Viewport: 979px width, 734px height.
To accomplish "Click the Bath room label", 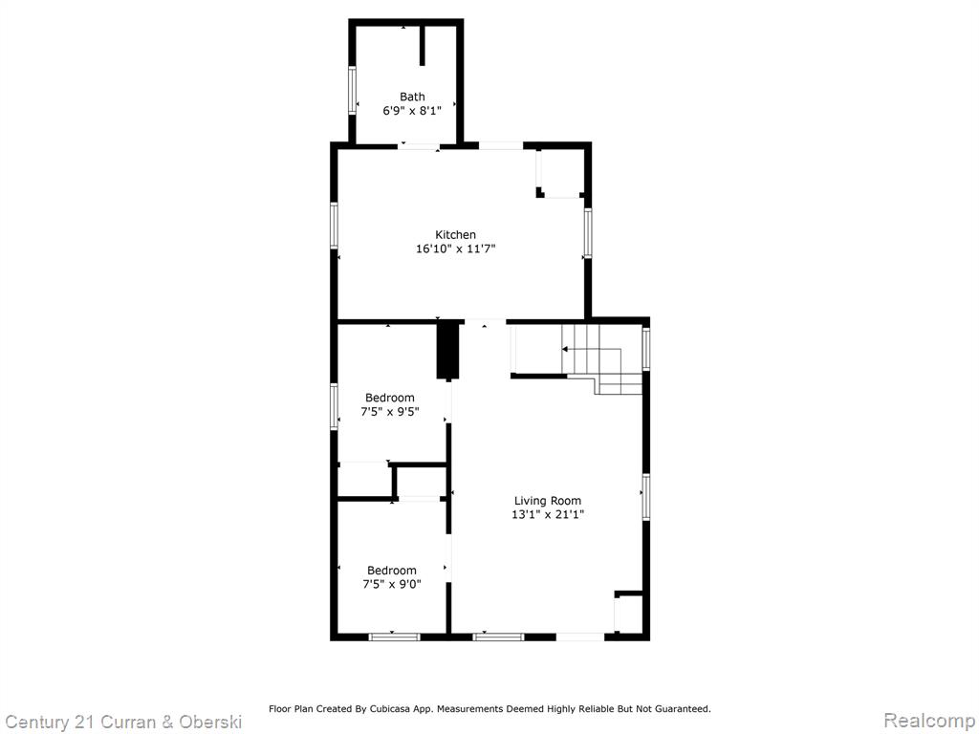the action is (x=412, y=97).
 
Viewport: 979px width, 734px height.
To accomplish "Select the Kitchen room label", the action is (x=455, y=235).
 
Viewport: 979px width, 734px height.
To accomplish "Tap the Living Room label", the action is (x=548, y=501).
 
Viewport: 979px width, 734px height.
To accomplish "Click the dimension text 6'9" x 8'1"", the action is (x=412, y=111).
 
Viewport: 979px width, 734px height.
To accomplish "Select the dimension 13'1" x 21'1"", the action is (x=548, y=515).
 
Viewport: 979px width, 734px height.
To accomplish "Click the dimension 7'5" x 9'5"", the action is (x=390, y=412).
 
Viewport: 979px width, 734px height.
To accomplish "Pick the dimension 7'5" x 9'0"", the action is (x=391, y=585).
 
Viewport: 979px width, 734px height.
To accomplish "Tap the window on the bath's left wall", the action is (x=352, y=90).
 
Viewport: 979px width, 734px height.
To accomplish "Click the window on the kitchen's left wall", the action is (x=334, y=226).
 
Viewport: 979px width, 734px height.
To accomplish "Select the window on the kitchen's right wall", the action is (x=588, y=233).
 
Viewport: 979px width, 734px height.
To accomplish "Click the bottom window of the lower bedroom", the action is (x=394, y=637).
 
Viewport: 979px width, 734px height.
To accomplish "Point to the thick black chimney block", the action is (x=447, y=350).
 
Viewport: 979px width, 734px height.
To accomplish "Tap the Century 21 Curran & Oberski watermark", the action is (x=123, y=723).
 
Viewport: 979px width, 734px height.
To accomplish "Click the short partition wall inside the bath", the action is (x=423, y=45).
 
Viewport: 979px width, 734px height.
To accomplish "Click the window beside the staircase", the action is (x=646, y=348).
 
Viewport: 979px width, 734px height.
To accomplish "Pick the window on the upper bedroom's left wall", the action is (x=334, y=407).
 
